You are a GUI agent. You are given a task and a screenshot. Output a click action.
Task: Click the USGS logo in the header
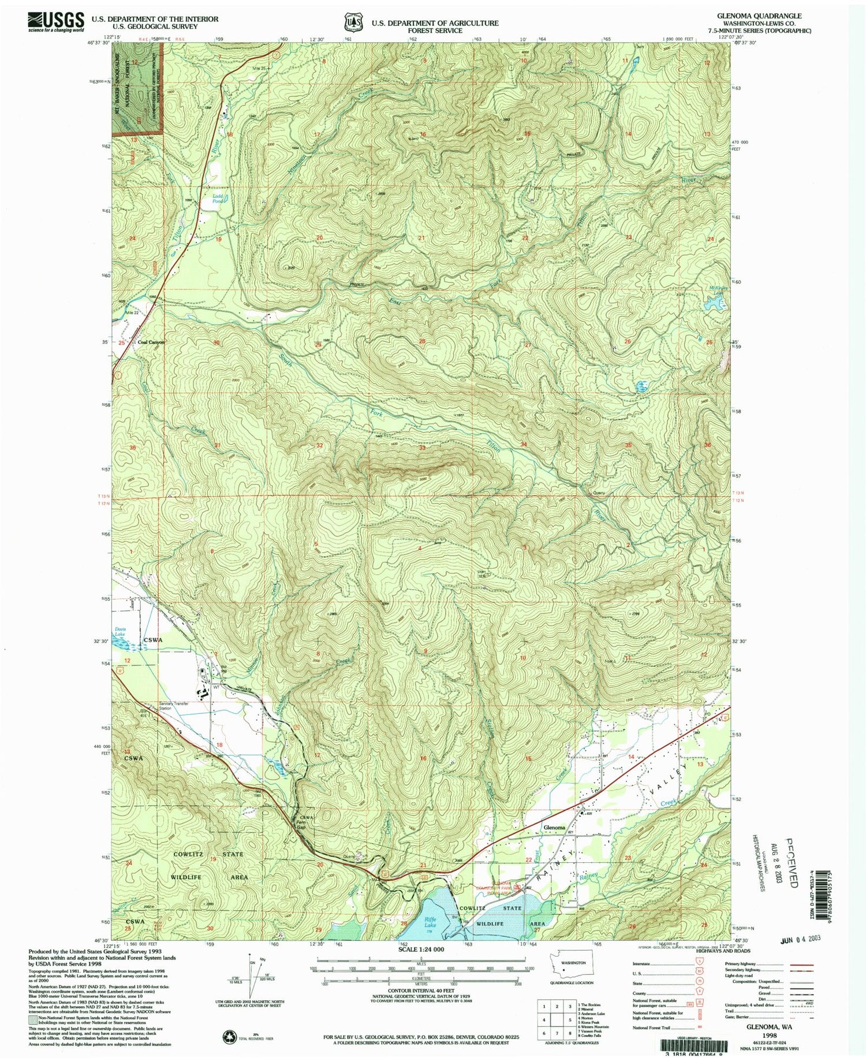point(55,22)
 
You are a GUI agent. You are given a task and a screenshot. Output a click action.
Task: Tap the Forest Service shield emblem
point(350,22)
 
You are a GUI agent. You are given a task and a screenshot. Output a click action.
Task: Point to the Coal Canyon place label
point(151,342)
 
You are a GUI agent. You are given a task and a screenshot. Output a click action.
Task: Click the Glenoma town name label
point(554,828)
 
